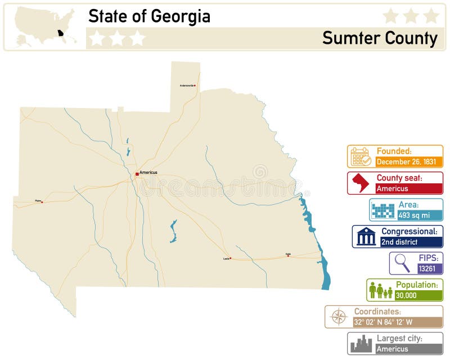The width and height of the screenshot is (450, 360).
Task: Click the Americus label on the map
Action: coord(148,172)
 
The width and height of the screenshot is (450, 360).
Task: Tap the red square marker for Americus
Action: coord(137,174)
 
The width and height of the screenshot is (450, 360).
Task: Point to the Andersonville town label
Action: coord(187,85)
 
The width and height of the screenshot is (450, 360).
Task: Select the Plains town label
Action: coord(38,200)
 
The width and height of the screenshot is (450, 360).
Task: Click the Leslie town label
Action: coord(226,258)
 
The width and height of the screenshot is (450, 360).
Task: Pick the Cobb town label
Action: coord(288,254)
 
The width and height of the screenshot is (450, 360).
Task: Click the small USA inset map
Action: coord(45,26)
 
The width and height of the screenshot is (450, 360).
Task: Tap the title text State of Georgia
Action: coord(149,16)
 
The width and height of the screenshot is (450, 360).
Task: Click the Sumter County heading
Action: coord(380,38)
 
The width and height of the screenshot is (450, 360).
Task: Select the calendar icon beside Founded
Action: coord(361,156)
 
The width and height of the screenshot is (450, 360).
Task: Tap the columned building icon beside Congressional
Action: coord(366,237)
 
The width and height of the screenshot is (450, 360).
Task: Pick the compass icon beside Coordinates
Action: coord(339,317)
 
